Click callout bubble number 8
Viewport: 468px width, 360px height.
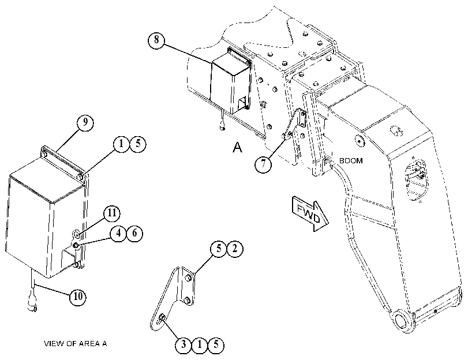pyautogui.click(x=156, y=40)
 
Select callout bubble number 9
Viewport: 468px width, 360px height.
pyautogui.click(x=85, y=122)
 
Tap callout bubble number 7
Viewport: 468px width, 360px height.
pyautogui.click(x=263, y=164)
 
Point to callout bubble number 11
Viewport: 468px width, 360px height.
pyautogui.click(x=111, y=213)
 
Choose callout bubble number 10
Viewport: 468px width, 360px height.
pyautogui.click(x=77, y=297)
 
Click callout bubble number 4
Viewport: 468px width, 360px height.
pyautogui.click(x=119, y=233)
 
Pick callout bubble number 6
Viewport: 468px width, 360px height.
pyautogui.click(x=134, y=233)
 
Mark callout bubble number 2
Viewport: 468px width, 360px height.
pyautogui.click(x=235, y=249)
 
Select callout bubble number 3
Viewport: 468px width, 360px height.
pyautogui.click(x=184, y=345)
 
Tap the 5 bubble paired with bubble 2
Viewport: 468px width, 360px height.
pyautogui.click(x=219, y=249)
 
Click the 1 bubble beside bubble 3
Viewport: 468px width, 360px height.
pyautogui.click(x=200, y=345)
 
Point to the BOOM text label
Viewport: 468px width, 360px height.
pyautogui.click(x=351, y=160)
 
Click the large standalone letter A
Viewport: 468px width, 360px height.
pyautogui.click(x=237, y=147)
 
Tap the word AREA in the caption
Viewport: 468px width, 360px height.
pyautogui.click(x=89, y=344)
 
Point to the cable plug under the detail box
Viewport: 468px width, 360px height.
pyautogui.click(x=32, y=302)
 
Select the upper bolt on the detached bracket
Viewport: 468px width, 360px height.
pyautogui.click(x=188, y=278)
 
